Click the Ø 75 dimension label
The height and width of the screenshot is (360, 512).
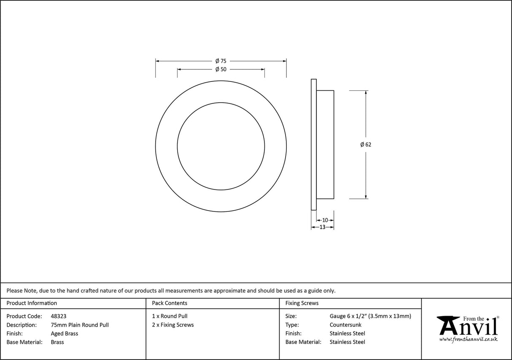(221, 61)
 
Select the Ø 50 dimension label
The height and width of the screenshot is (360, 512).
(221, 70)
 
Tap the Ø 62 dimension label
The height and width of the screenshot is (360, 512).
(366, 144)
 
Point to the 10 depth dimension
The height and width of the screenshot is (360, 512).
(325, 220)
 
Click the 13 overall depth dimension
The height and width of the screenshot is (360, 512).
(322, 227)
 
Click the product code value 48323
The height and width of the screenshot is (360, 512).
(58, 316)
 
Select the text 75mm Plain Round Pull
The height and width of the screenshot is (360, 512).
(80, 325)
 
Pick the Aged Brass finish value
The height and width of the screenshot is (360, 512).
(64, 333)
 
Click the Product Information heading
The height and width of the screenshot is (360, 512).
(32, 303)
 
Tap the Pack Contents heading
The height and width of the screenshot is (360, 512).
(170, 303)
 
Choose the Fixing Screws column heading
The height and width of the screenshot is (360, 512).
(302, 303)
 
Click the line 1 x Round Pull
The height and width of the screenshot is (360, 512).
(170, 316)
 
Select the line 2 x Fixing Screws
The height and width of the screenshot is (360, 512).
(173, 325)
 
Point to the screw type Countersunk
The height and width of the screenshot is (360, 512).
(345, 325)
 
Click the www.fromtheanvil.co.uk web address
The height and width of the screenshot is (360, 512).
(468, 339)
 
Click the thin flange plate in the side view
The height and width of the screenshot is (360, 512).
(313, 144)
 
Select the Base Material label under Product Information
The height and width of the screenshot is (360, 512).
(24, 342)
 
